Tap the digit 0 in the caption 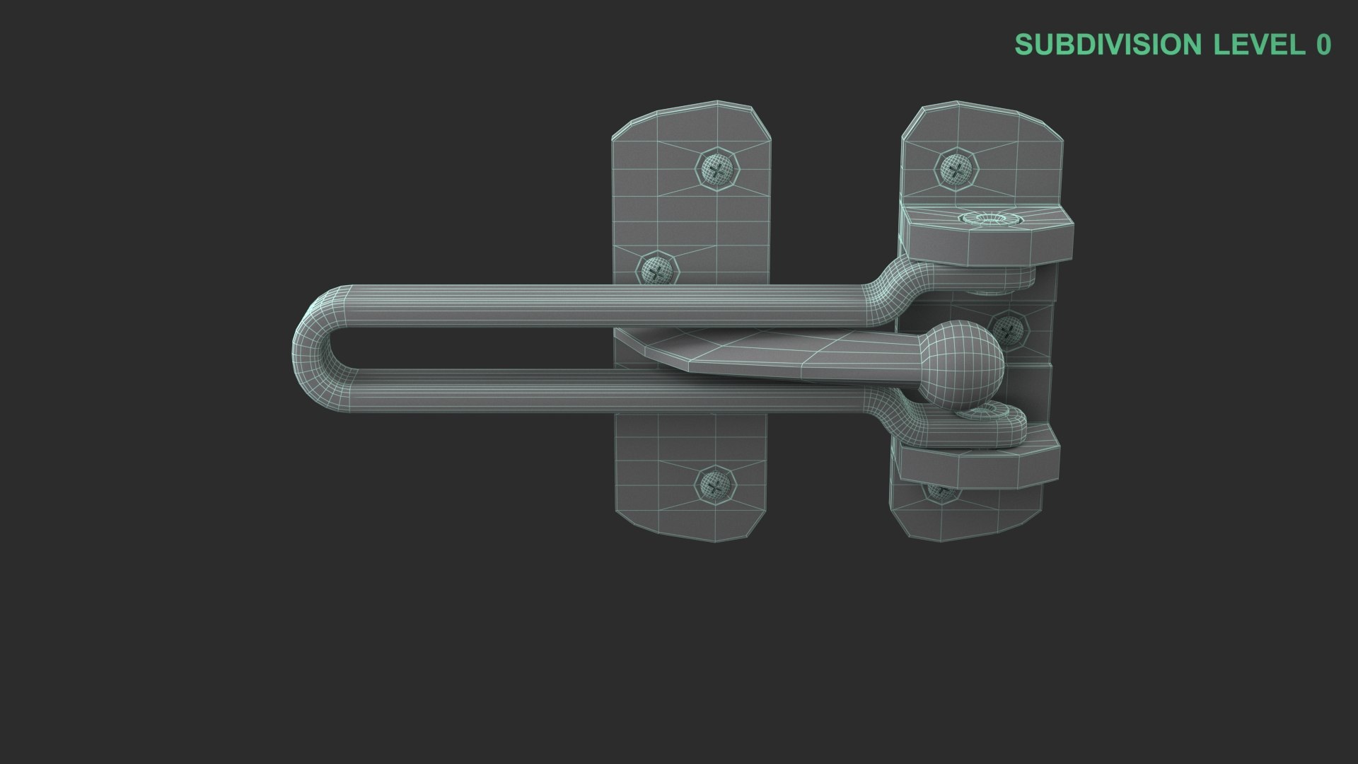pyautogui.click(x=1323, y=45)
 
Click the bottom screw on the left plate pyautogui.click(x=716, y=485)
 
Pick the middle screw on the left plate pyautogui.click(x=658, y=270)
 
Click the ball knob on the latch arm pyautogui.click(x=960, y=365)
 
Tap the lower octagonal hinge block pyautogui.click(x=980, y=463)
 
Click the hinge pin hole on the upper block pyautogui.click(x=990, y=219)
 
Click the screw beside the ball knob pyautogui.click(x=1009, y=329)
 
